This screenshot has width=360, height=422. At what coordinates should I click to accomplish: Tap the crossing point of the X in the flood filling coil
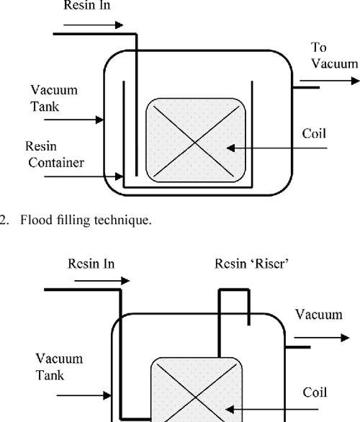(196, 140)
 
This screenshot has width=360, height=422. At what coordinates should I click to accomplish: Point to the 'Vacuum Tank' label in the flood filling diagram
(54, 99)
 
